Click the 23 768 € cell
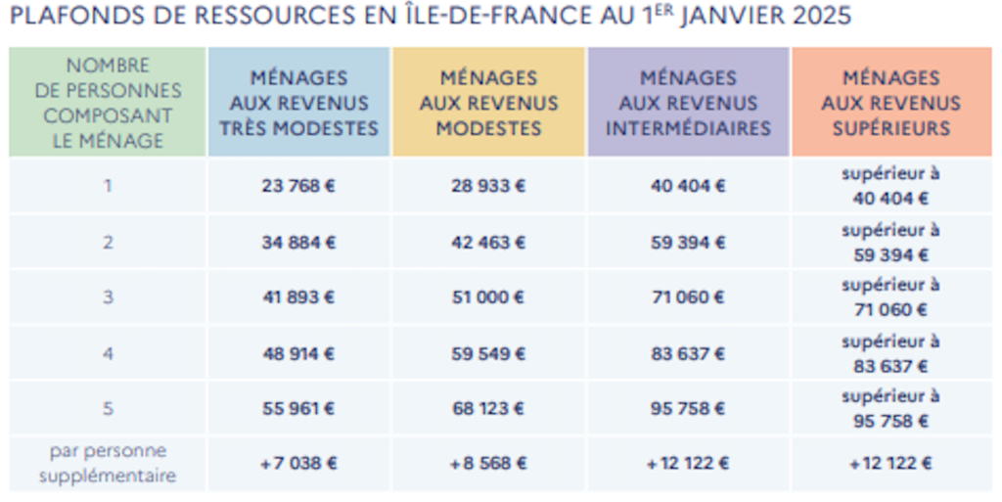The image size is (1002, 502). pos(298,186)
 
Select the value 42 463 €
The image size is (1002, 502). pos(488,243)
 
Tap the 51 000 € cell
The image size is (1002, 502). pos(488,297)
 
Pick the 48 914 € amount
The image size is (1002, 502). pos(298,354)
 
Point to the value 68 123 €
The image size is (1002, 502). pos(488,409)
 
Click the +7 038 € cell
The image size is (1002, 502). pos(298,464)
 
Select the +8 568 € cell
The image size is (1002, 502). pos(488,464)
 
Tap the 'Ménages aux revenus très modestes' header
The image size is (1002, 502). pos(299,102)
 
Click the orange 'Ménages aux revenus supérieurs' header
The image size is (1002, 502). pos(891,102)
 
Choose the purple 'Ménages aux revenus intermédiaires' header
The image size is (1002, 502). pos(688,102)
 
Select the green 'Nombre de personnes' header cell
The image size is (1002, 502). pos(108,102)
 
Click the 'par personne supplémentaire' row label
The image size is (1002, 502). pos(108,464)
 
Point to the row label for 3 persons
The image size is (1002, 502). pos(108,297)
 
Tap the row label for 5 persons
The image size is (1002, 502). pos(108,409)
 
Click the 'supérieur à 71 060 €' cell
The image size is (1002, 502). pos(890,297)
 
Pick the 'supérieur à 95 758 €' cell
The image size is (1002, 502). pos(890,409)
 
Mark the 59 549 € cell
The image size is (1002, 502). pos(488,354)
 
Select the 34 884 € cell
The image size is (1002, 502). pos(298,243)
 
